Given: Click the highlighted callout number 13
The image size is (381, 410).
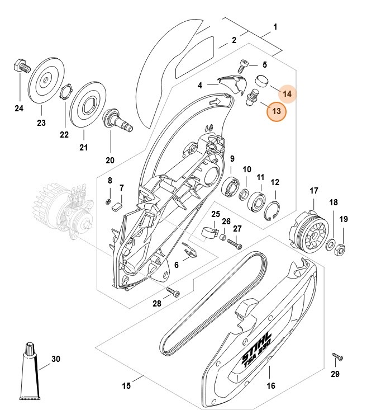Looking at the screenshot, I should [x=275, y=112].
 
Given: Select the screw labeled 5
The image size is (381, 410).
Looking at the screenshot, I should [x=243, y=67].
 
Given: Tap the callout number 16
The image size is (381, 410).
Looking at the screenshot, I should [x=270, y=385].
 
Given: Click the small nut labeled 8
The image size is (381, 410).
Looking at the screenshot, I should [x=109, y=201].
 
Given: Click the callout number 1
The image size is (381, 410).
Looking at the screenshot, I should [x=275, y=26].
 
